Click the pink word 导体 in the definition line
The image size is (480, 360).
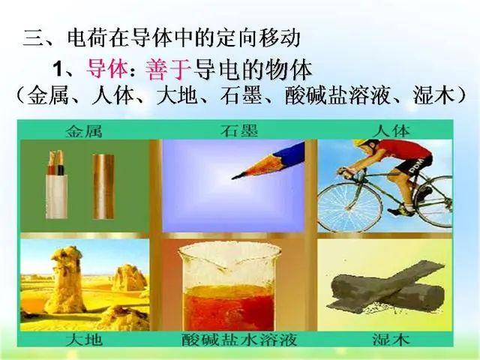pos(107,69)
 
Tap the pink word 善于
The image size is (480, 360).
pos(168,69)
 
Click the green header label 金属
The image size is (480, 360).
pos(84,131)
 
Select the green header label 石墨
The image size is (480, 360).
pos(239,130)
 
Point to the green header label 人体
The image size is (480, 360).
pos(391,130)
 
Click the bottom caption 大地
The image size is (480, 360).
pos(84,340)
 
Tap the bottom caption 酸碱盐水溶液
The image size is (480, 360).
pos(239,340)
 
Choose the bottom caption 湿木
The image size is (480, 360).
pos(391,340)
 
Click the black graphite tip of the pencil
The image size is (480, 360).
pos(236,176)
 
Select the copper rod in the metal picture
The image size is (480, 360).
pos(103,187)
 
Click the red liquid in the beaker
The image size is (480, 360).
pos(228,307)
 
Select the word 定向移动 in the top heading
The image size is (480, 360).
pos(258,38)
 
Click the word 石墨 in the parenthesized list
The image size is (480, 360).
pos(241,95)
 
